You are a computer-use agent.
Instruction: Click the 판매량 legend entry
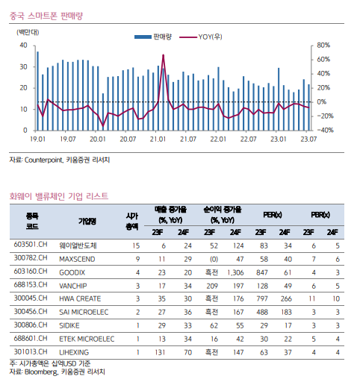[153, 37]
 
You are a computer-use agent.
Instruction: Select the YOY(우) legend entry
[201, 37]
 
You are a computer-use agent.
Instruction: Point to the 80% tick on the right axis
[323, 46]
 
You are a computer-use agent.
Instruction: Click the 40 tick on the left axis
[23, 46]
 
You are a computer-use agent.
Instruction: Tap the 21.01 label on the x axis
[158, 139]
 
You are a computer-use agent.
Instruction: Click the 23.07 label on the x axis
[308, 139]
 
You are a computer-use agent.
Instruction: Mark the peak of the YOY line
[163, 55]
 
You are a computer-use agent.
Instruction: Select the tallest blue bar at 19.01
[38, 91]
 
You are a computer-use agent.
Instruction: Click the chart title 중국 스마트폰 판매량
[46, 16]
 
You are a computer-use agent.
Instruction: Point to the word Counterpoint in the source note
[43, 160]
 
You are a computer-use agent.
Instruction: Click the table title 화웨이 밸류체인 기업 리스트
[59, 196]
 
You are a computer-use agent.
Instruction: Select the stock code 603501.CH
[31, 244]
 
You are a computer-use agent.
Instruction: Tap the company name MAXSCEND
[77, 259]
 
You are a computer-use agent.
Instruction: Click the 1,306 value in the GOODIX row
[235, 272]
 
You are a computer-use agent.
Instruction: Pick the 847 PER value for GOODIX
[262, 272]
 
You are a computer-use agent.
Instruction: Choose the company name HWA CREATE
[80, 298]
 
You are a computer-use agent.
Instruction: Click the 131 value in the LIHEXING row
[160, 352]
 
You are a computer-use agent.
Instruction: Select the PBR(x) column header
[320, 215]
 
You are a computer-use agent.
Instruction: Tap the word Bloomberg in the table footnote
[41, 372]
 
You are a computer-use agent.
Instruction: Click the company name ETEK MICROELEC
[87, 339]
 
